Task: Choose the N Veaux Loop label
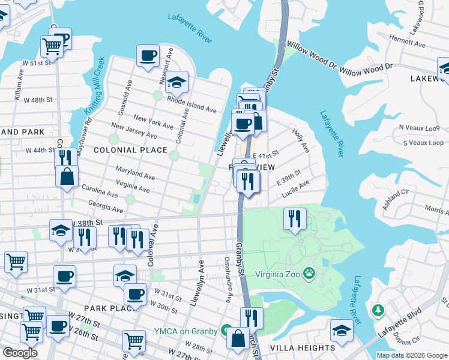pos(421,128)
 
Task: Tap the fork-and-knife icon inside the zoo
pos(294,218)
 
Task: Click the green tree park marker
pos(378,310)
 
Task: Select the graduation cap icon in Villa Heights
pos(342,331)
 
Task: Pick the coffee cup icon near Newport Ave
pos(148,56)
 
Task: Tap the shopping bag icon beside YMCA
pos(238,337)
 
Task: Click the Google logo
pos(20,353)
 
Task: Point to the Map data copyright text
pos(412,355)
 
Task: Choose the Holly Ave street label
pos(301,140)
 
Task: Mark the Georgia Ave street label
pos(105,207)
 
